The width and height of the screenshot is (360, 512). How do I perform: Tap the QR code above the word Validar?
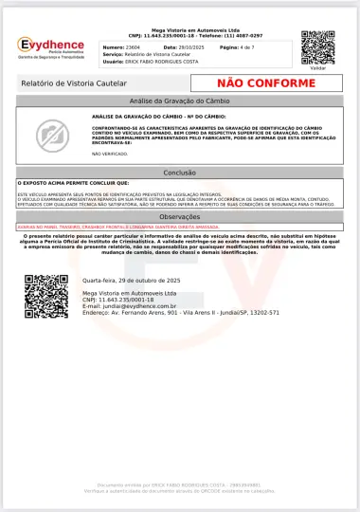click(317, 46)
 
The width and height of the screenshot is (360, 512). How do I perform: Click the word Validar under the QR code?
click(317, 68)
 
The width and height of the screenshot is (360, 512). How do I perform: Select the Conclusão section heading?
click(180, 173)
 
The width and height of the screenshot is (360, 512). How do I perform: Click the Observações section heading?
click(180, 217)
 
